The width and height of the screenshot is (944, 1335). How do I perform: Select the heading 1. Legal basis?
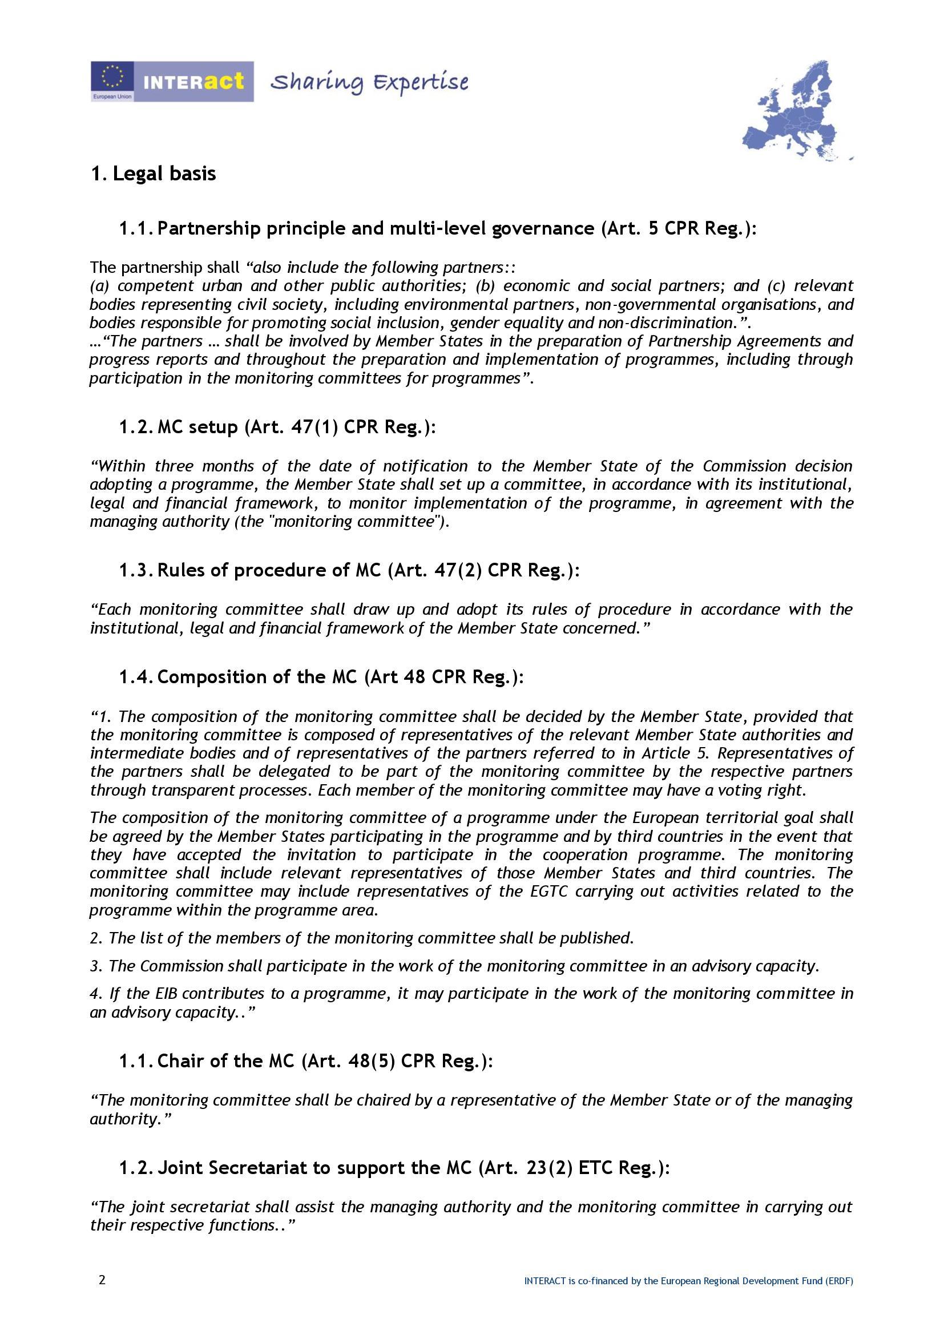154,174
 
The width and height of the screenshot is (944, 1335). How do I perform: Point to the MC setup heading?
277,427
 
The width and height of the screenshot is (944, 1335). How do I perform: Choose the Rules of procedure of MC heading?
349,570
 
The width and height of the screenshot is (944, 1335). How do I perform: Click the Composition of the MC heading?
321,677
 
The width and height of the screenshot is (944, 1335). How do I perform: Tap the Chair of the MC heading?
306,1060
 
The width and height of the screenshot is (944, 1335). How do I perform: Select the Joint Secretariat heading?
395,1168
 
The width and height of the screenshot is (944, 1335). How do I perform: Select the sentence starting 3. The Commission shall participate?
454,966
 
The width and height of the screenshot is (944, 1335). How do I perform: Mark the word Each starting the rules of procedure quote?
115,610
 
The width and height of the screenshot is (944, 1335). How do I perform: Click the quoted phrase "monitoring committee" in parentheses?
355,521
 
